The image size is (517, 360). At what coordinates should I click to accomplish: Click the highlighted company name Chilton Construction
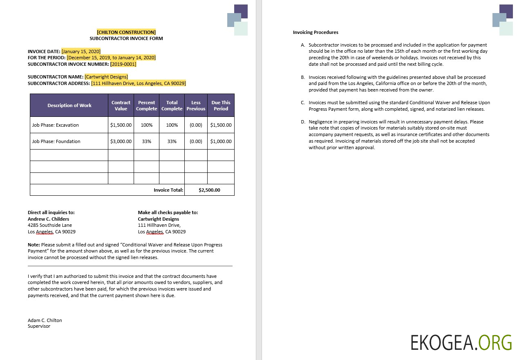[x=126, y=32]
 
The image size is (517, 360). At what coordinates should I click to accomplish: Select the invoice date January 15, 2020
[x=78, y=51]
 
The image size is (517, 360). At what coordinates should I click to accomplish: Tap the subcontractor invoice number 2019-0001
[x=123, y=64]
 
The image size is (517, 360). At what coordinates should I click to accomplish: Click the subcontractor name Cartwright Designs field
[x=106, y=77]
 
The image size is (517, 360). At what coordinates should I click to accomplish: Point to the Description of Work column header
[x=69, y=105]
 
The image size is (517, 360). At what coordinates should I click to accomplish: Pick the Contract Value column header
[x=121, y=105]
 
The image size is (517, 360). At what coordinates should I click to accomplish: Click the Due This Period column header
[x=221, y=105]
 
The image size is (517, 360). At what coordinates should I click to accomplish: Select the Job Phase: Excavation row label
[x=56, y=125]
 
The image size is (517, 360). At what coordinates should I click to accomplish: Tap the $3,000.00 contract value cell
[x=121, y=141]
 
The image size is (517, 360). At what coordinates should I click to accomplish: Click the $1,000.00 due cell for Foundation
[x=221, y=141]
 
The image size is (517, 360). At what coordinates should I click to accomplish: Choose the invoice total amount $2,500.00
[x=209, y=190]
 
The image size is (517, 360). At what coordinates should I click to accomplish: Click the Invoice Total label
[x=168, y=190]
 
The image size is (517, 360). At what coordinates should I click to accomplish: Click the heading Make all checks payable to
[x=168, y=212]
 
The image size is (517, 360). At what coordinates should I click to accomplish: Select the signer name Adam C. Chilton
[x=45, y=320]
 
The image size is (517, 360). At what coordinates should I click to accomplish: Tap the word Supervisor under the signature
[x=39, y=326]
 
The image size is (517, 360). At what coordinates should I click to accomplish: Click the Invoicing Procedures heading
[x=316, y=32]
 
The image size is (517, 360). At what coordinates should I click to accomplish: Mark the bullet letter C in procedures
[x=303, y=103]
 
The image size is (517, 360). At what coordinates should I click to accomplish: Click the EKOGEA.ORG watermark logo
[x=461, y=342]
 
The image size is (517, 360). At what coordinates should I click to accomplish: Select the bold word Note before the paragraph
[x=34, y=245]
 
